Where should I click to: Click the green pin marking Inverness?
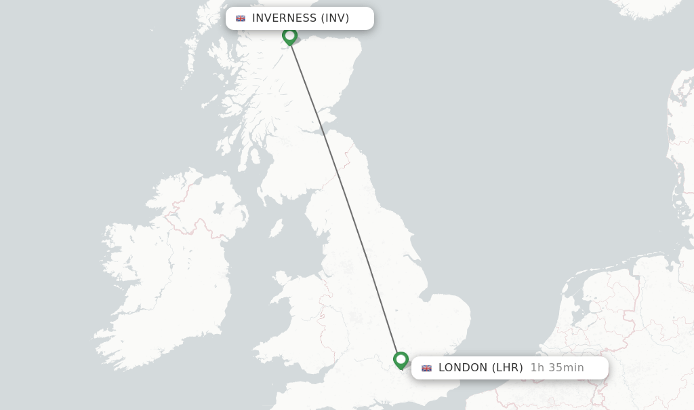(290, 36)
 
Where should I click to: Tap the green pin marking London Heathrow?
(401, 360)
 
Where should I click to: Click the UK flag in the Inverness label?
(241, 18)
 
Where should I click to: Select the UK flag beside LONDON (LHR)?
(426, 368)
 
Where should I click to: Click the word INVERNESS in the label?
(284, 18)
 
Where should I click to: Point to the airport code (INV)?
(335, 18)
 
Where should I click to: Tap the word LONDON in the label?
(463, 368)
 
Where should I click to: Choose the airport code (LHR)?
(507, 368)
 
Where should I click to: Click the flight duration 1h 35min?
(556, 368)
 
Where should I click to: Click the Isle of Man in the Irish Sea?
(276, 228)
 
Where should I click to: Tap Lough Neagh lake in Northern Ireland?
(219, 208)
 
